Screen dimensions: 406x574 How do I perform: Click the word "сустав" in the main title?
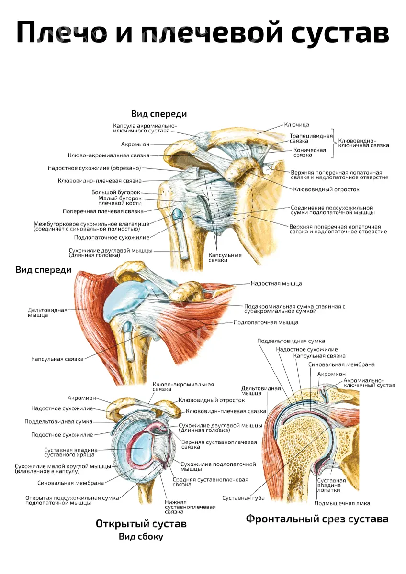tap(340, 32)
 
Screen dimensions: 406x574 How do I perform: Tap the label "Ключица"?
tap(296, 125)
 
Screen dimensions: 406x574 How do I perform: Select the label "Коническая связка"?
tap(310, 153)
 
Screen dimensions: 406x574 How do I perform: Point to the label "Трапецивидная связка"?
tap(311, 138)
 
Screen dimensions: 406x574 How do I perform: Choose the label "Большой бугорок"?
tap(116, 192)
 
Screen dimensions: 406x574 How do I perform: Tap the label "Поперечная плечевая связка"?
tap(103, 211)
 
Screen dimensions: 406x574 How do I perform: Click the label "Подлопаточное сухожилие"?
tap(112, 238)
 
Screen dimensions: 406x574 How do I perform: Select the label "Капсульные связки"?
tap(225, 258)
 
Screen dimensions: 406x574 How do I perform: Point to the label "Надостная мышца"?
tap(276, 283)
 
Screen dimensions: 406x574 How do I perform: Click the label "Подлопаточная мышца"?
tap(266, 322)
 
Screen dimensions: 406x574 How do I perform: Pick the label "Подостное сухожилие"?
tap(62, 435)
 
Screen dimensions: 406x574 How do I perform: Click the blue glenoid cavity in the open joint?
tap(142, 450)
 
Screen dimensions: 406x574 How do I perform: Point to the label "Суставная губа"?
tap(243, 498)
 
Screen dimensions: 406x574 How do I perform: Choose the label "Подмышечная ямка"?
tap(342, 503)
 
